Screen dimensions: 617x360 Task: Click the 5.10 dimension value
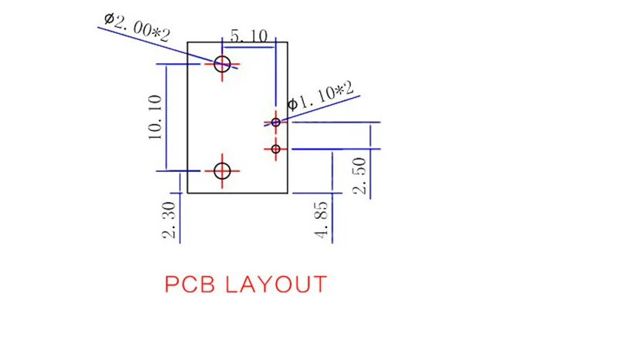pyautogui.click(x=249, y=36)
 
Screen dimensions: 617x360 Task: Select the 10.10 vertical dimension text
pyautogui.click(x=155, y=117)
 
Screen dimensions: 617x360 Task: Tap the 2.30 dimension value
pyautogui.click(x=169, y=220)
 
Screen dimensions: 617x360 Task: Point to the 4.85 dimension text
pyautogui.click(x=321, y=220)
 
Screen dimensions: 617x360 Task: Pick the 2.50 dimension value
pyautogui.click(x=359, y=176)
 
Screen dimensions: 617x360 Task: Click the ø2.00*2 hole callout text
pyautogui.click(x=137, y=27)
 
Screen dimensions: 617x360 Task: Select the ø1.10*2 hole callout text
pyautogui.click(x=321, y=96)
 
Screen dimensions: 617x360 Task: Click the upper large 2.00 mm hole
pyautogui.click(x=222, y=56)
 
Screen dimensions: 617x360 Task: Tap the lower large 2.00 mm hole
pyautogui.click(x=222, y=163)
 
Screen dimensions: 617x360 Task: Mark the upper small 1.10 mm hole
pyautogui.click(x=276, y=119)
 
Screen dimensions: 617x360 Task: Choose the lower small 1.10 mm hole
pyautogui.click(x=276, y=145)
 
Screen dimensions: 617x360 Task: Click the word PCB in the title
pyautogui.click(x=190, y=284)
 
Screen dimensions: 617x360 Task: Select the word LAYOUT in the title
pyautogui.click(x=276, y=284)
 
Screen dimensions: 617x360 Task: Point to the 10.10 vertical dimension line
pyautogui.click(x=166, y=117)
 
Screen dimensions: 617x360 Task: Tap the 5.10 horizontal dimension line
pyautogui.click(x=248, y=47)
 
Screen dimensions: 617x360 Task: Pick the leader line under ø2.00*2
pyautogui.click(x=167, y=48)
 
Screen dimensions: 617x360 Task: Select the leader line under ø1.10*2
pyautogui.click(x=312, y=110)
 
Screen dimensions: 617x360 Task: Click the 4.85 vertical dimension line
pyautogui.click(x=332, y=197)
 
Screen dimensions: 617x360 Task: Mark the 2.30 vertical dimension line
pyautogui.click(x=180, y=208)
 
